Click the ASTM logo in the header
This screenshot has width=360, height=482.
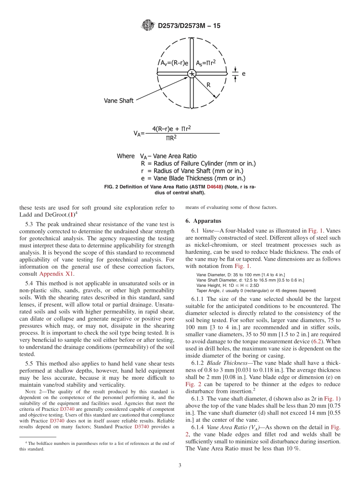pyautogui.click(x=148, y=25)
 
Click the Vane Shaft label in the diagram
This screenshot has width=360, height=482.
pyautogui.click(x=119, y=101)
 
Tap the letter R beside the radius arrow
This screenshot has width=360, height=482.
pyautogui.click(x=208, y=85)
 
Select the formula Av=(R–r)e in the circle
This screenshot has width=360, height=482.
pyautogui.click(x=172, y=63)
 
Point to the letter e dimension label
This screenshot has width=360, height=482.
pyautogui.click(x=243, y=74)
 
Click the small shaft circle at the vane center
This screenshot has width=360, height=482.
pyautogui.click(x=192, y=73)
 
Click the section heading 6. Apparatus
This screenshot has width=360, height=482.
pyautogui.click(x=203, y=221)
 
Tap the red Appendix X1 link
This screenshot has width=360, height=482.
pyautogui.click(x=57, y=274)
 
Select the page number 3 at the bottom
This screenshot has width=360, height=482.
pyautogui.click(x=180, y=465)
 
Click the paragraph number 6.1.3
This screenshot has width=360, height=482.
pyautogui.click(x=199, y=399)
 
